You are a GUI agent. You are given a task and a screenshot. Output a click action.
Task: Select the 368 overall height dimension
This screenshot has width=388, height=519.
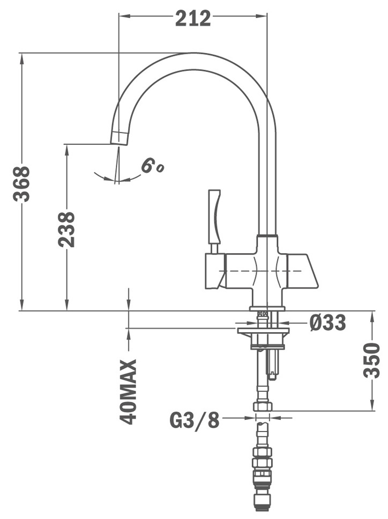[21, 184]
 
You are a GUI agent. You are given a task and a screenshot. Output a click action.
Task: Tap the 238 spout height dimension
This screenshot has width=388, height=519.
[66, 229]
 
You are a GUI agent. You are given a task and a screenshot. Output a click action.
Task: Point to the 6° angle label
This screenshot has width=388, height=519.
[152, 166]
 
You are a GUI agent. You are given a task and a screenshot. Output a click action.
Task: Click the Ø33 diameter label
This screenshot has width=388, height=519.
[327, 323]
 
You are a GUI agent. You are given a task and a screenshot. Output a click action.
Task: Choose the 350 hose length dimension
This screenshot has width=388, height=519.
[372, 360]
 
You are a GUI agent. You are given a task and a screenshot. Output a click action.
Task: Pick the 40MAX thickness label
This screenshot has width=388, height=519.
[129, 392]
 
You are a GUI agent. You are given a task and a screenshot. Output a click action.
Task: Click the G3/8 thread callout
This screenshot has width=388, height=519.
[195, 421]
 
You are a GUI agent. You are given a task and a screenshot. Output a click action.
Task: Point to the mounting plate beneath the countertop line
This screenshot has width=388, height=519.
[263, 331]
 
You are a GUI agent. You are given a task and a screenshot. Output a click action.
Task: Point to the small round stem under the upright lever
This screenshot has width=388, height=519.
[214, 248]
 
